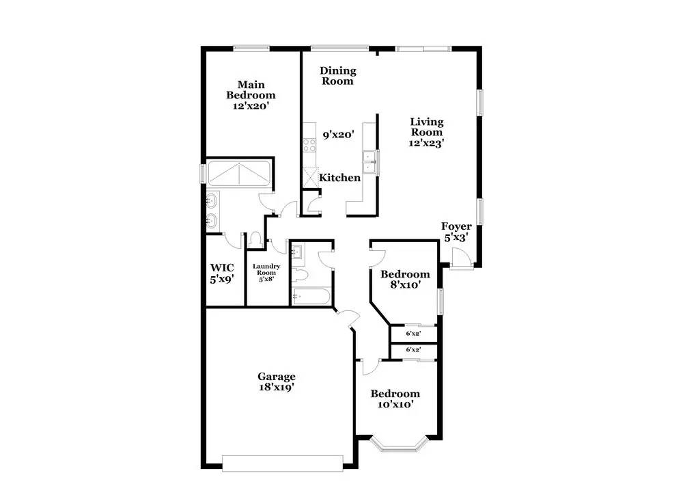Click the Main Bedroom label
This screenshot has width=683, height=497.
click(x=251, y=90)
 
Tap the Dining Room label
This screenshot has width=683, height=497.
click(x=338, y=76)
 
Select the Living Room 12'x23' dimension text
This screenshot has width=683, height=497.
click(x=426, y=143)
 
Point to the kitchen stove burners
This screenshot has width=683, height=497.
click(x=309, y=145)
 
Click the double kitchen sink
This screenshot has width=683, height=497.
click(x=370, y=162)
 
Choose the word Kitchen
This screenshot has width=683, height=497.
click(x=339, y=178)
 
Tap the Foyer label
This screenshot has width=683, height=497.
click(x=456, y=226)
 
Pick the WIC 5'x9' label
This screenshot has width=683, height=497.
click(x=222, y=273)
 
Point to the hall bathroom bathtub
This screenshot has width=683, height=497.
click(x=311, y=297)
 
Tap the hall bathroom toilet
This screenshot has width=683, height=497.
click(x=301, y=275)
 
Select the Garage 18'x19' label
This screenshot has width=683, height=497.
click(x=277, y=381)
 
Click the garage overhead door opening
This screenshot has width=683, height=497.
click(x=283, y=463)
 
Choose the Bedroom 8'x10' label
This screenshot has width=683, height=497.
click(x=405, y=280)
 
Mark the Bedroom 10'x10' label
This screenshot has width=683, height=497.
click(x=395, y=399)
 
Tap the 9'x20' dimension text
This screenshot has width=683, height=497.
click(x=339, y=135)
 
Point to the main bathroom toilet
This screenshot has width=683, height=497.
click(x=255, y=239)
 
